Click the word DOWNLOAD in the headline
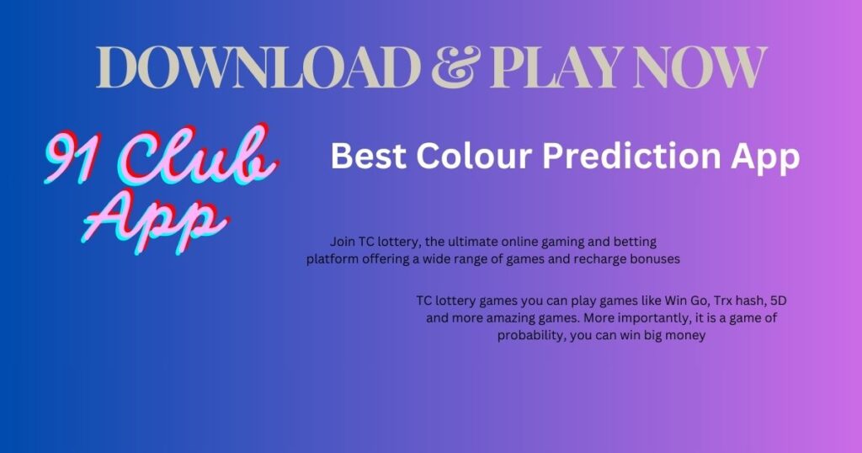click(x=258, y=67)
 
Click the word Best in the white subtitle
click(x=369, y=156)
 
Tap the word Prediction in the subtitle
click(x=631, y=156)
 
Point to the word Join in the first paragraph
click(x=342, y=242)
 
